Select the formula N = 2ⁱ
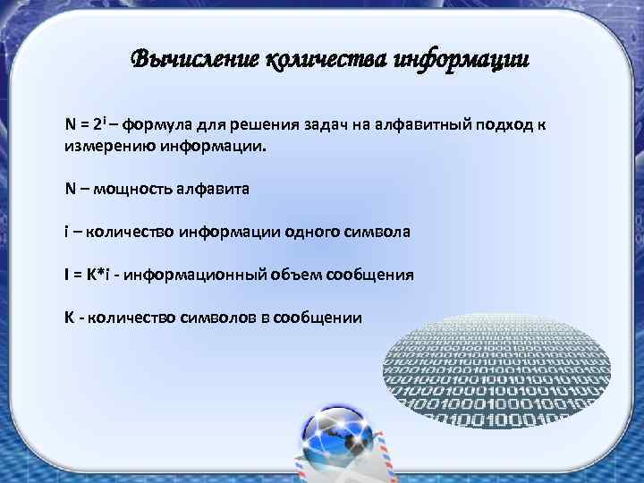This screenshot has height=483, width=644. point(89,123)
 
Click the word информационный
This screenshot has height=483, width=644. point(199,275)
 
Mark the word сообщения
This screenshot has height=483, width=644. point(377,275)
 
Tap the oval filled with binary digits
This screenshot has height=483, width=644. point(496,371)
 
